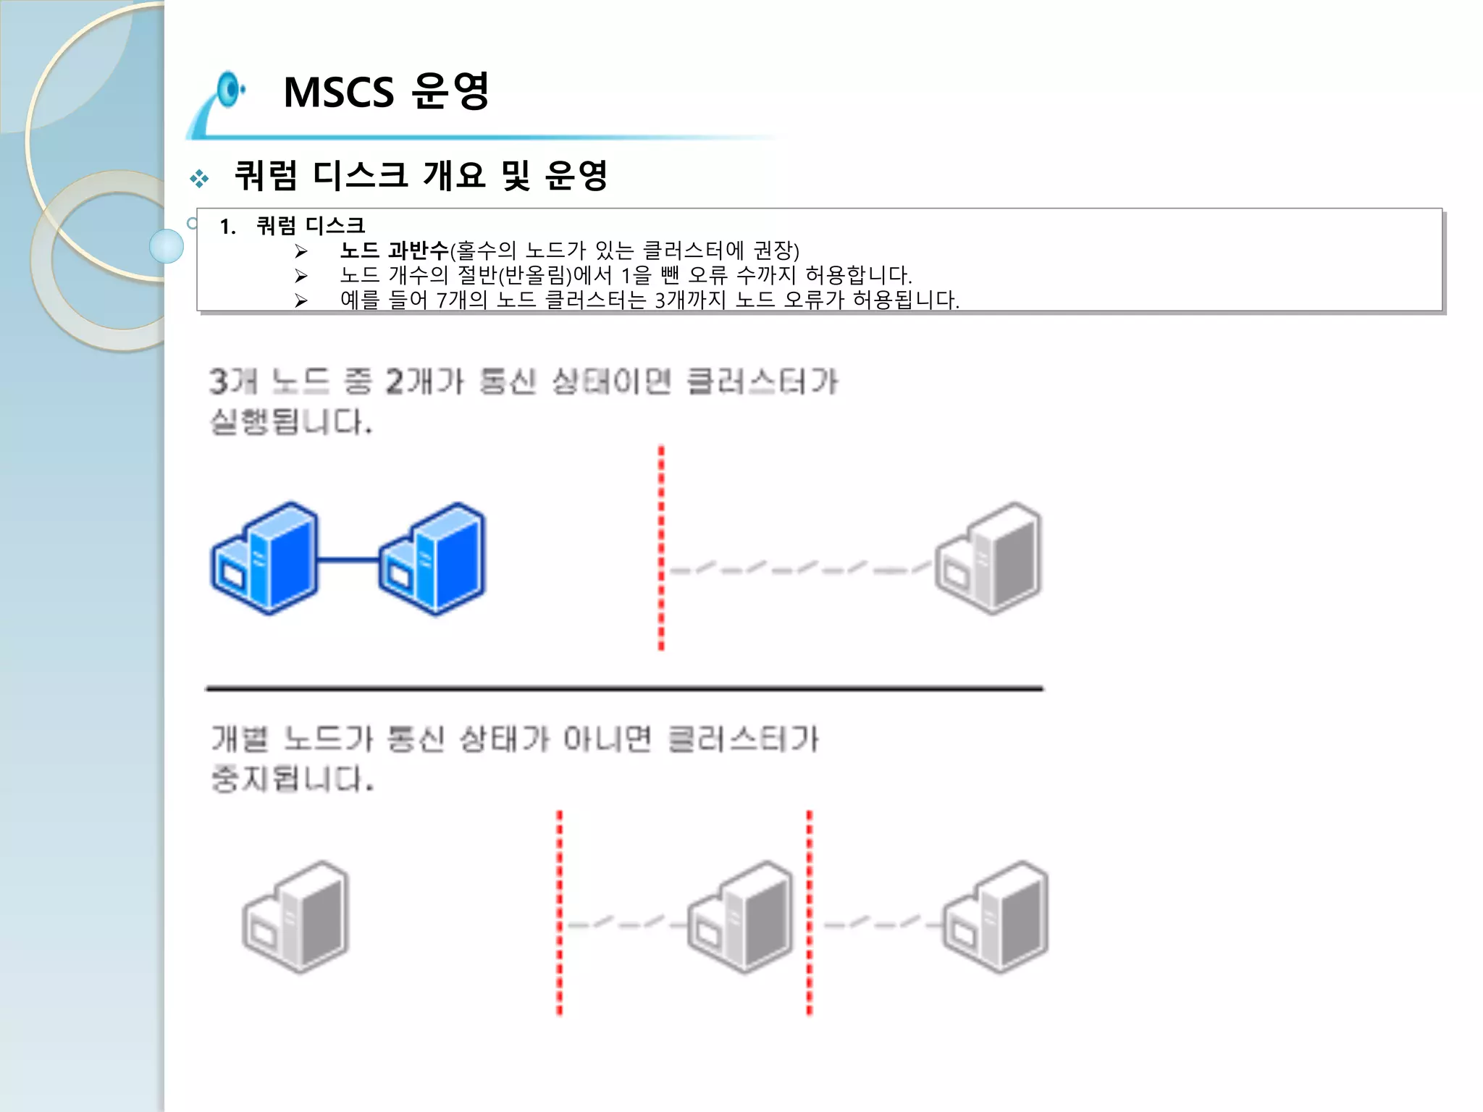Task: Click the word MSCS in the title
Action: [339, 93]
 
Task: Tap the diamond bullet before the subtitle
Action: [199, 178]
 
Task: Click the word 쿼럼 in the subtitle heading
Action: [266, 176]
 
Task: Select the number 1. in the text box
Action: [227, 227]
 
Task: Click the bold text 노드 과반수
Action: [394, 250]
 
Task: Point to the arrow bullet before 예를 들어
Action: [301, 300]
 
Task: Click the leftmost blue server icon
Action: [265, 558]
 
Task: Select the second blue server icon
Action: [433, 558]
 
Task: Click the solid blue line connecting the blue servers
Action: [348, 560]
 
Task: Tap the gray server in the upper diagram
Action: [988, 558]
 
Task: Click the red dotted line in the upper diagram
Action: [661, 547]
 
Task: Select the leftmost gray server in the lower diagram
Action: [296, 917]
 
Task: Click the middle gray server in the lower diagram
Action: [740, 917]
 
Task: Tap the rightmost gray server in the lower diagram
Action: [996, 917]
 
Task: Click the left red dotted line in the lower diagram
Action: [559, 912]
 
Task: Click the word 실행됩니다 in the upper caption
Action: [290, 421]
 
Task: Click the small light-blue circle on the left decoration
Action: [167, 246]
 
